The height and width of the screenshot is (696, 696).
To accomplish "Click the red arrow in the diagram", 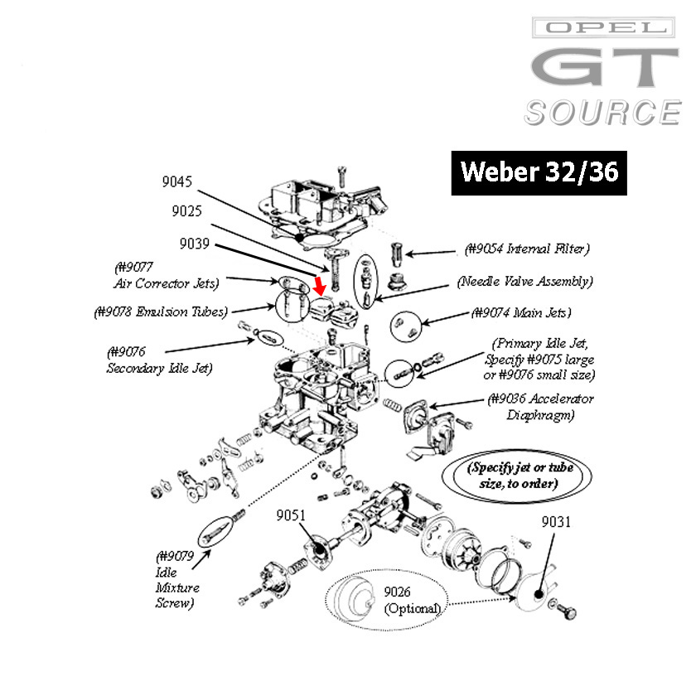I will [x=320, y=286].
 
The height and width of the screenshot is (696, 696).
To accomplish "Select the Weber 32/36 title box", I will [x=539, y=172].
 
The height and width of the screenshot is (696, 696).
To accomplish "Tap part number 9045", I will [x=178, y=181].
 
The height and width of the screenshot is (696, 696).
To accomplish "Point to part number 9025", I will [x=187, y=211].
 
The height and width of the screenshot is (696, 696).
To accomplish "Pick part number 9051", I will [x=291, y=515].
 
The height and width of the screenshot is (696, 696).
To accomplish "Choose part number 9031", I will [x=556, y=522].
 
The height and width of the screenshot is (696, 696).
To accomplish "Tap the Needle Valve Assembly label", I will [x=524, y=281].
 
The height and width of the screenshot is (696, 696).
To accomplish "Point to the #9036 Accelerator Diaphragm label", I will [x=540, y=407].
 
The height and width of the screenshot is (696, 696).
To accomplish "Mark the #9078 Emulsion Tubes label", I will [x=160, y=312].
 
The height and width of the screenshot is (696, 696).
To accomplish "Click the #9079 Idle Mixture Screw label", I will [x=176, y=579].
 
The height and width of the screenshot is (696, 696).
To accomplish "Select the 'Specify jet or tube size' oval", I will [x=520, y=475].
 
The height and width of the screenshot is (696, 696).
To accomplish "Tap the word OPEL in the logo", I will [x=602, y=27].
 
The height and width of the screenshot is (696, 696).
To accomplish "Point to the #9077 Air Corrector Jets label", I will [x=165, y=275].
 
